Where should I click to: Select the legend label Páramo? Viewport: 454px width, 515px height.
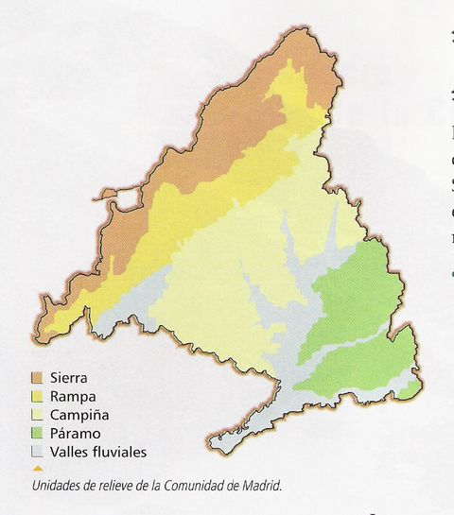point(75,434)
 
